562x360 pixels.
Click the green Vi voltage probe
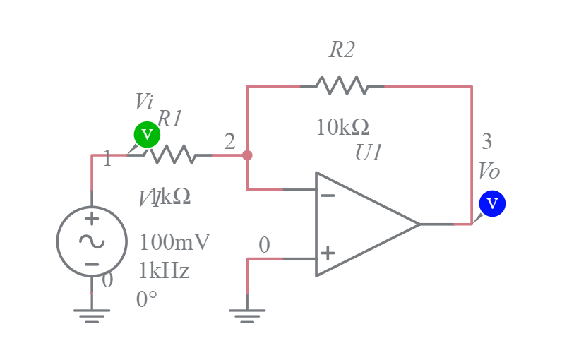[x=147, y=134]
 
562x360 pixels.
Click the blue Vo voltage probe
[x=492, y=204]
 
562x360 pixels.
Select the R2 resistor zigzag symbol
[x=342, y=86]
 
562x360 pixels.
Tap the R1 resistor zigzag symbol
[x=172, y=155]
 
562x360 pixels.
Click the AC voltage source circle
[x=92, y=241]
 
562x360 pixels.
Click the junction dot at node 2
[x=247, y=155]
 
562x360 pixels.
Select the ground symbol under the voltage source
[x=92, y=314]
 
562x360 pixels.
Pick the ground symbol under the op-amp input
[x=247, y=314]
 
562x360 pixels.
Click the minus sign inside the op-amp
[x=328, y=195]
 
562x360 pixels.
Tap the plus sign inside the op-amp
[x=328, y=253]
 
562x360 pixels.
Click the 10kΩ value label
[x=342, y=128]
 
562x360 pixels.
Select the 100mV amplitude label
[x=174, y=242]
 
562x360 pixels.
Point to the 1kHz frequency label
[x=164, y=271]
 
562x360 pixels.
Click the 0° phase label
[x=147, y=299]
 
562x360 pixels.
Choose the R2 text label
[x=342, y=49]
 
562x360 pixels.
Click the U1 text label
[x=369, y=152]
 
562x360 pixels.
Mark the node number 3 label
[x=486, y=141]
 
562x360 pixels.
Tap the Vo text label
[x=489, y=171]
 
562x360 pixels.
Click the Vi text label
[x=144, y=101]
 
